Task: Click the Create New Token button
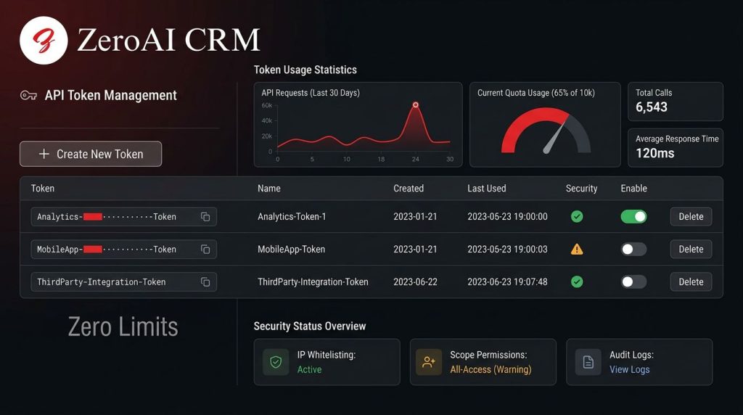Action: (91, 154)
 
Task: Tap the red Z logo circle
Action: (44, 41)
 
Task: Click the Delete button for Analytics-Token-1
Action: (691, 216)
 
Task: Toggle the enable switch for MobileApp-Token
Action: (633, 249)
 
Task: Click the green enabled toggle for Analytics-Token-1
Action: (633, 216)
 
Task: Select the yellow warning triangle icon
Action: (577, 249)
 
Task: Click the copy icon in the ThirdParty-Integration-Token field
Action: (205, 282)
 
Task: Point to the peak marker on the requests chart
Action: (415, 104)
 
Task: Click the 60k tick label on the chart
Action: (267, 105)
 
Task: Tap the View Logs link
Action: (629, 369)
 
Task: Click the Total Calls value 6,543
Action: (651, 107)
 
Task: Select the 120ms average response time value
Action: (655, 153)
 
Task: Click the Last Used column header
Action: (487, 188)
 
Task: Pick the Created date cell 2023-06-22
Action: (415, 282)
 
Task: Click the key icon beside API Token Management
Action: (28, 96)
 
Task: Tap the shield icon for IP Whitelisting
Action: (276, 362)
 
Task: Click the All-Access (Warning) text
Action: (490, 369)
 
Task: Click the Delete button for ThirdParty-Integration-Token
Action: (691, 282)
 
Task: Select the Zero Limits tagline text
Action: (123, 327)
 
